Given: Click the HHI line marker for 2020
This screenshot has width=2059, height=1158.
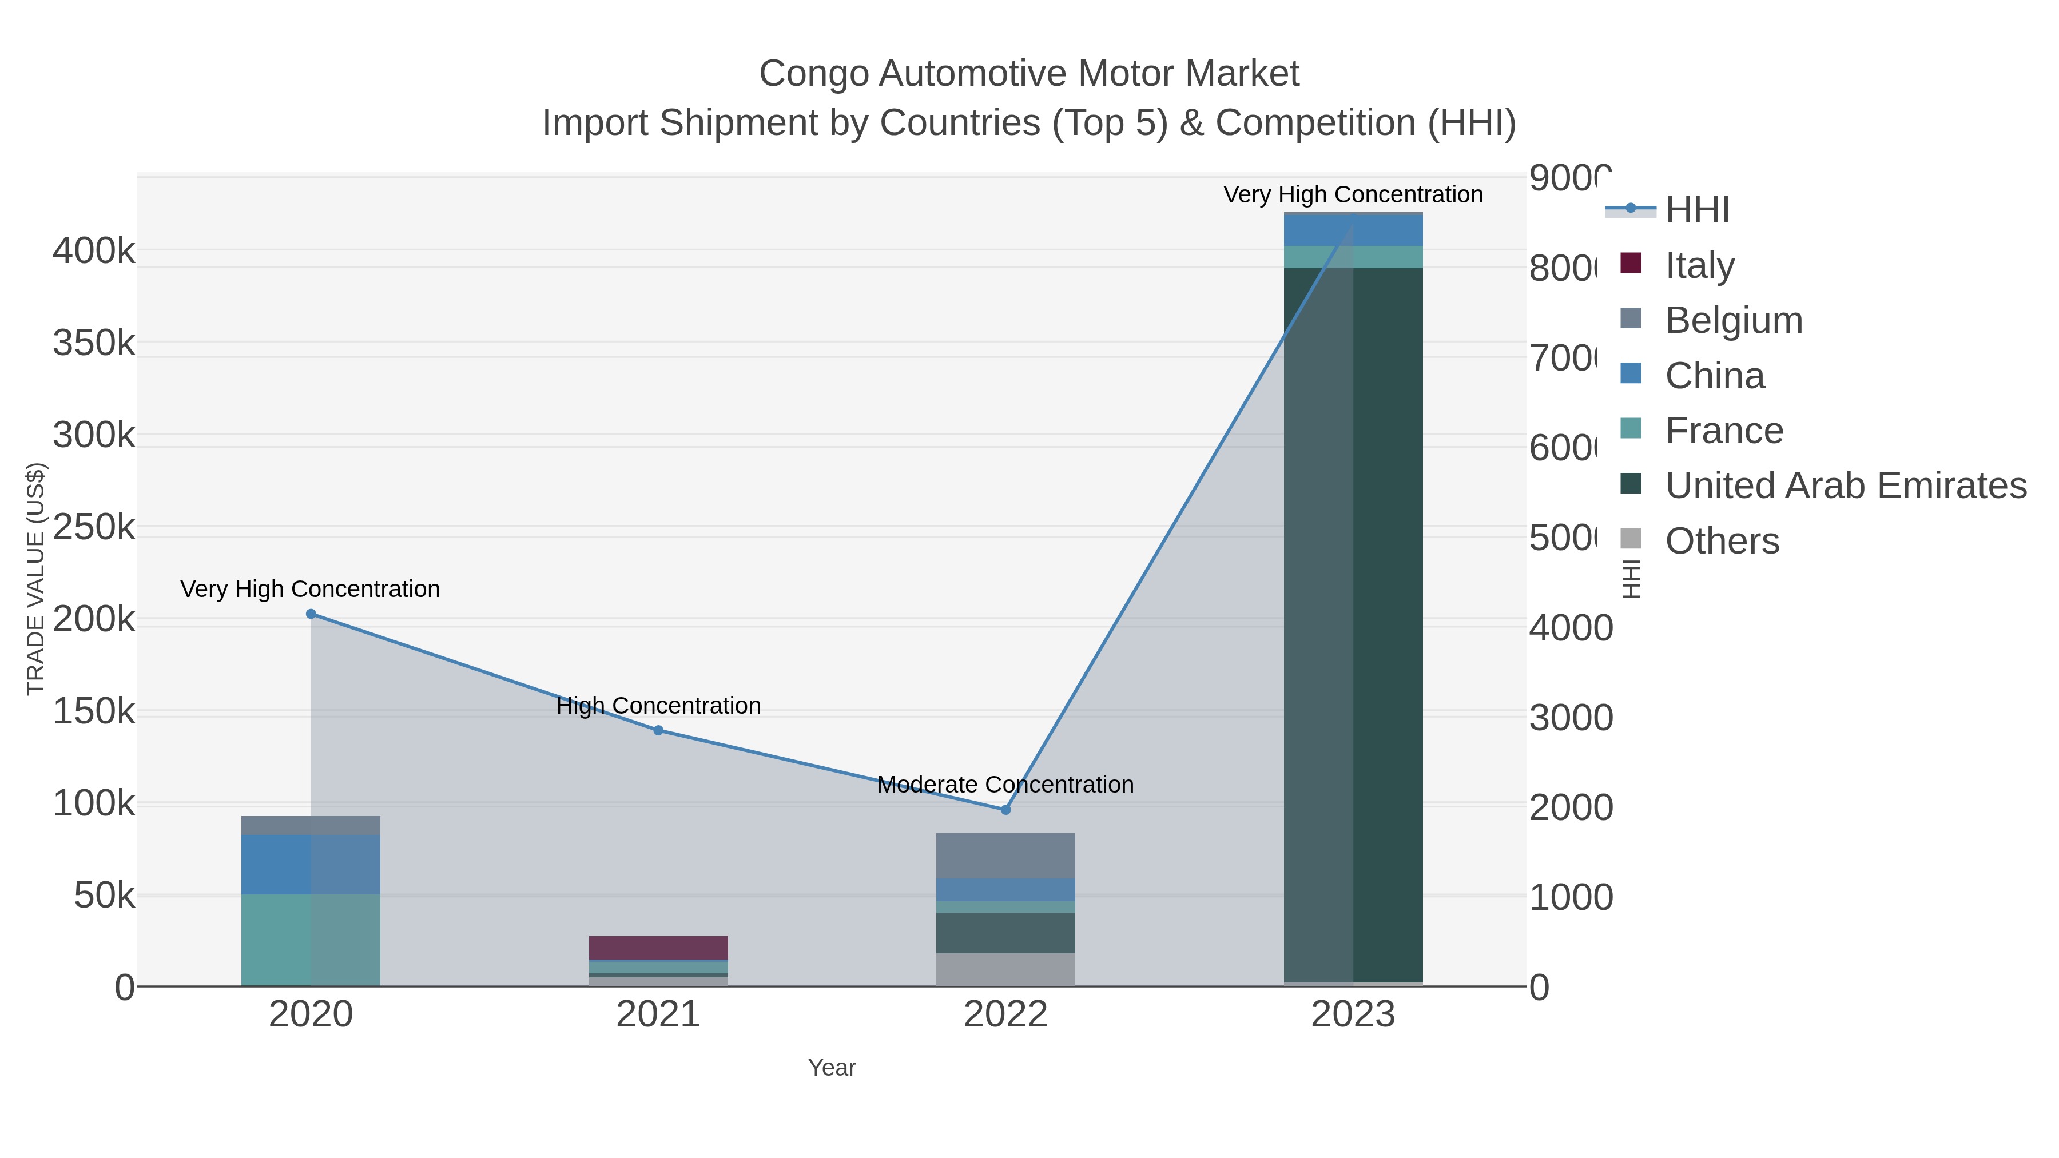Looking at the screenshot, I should [x=311, y=614].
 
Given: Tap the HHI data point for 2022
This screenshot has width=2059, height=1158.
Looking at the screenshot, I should [x=1005, y=810].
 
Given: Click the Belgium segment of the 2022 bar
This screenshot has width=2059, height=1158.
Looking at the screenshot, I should [x=1005, y=856].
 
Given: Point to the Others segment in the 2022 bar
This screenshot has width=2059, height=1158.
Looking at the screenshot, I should [x=1005, y=969].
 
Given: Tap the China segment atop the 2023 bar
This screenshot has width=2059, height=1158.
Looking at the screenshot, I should [x=1353, y=230].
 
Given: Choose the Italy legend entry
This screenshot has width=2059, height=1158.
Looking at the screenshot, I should [x=1699, y=265].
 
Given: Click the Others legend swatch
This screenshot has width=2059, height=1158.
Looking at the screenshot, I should [x=1631, y=539].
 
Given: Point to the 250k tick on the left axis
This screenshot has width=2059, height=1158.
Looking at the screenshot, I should [x=94, y=527].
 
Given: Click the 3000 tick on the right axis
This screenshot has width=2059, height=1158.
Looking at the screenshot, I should [x=1571, y=717].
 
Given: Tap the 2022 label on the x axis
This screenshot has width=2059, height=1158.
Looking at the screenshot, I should [x=1005, y=1014].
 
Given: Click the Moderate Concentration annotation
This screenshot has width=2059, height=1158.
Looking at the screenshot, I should [x=1005, y=784].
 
